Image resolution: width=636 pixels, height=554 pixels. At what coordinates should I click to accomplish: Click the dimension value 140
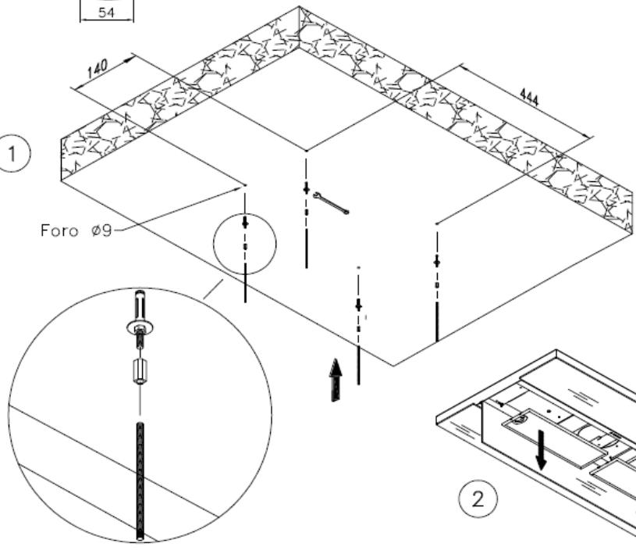click(98, 68)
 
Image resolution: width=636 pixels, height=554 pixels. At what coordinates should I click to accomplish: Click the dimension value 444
click(530, 98)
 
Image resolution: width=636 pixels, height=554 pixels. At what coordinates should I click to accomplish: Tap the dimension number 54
click(106, 13)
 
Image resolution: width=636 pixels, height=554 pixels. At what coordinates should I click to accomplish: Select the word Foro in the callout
click(59, 231)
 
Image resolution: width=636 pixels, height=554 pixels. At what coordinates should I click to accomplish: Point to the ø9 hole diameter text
click(101, 231)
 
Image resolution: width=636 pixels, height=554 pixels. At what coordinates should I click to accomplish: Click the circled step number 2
click(478, 499)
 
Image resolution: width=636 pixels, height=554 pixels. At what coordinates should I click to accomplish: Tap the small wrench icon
click(331, 202)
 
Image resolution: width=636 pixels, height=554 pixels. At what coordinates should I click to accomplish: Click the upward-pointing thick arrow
click(336, 380)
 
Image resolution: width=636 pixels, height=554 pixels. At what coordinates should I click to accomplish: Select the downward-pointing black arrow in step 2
click(541, 450)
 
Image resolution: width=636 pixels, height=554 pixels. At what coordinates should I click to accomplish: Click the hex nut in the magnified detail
click(140, 371)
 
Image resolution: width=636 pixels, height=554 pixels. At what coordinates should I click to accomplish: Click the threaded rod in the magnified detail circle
click(140, 481)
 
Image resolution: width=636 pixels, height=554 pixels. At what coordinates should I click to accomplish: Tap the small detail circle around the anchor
click(214, 244)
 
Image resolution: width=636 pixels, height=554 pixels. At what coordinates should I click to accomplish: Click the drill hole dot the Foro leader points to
click(245, 186)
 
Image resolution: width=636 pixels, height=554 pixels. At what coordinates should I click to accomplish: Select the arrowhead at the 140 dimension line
click(130, 59)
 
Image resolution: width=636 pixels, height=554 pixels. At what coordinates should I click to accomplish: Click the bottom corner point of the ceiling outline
click(393, 366)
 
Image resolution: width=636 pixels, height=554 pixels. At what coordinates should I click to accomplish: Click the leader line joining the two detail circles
click(213, 289)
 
